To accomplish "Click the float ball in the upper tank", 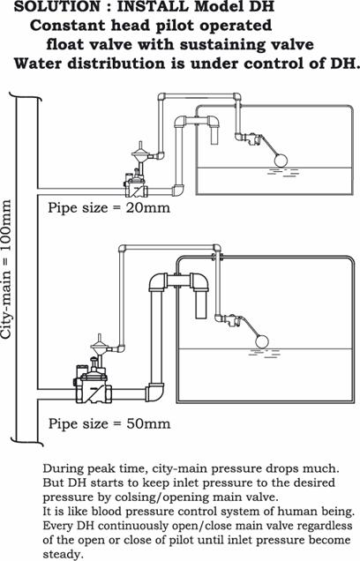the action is point(281,160).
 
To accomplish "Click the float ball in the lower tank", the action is point(261,341).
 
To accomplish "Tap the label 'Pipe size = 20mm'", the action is point(109,208).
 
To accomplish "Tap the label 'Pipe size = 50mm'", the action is point(109,424).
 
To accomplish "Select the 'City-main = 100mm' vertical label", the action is point(6,269).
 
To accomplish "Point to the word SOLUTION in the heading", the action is point(59,6).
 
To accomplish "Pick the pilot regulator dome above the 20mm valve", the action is point(139,153).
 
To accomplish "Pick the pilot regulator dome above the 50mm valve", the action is point(100,345).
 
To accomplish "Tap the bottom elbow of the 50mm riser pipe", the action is point(154,393).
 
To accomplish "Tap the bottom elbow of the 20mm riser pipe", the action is point(178,191).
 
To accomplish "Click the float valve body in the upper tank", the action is point(251,138).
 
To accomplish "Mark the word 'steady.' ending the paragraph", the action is point(63,554).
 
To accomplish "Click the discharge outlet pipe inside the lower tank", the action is point(201,303).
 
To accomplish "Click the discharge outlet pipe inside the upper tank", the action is point(214,135).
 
